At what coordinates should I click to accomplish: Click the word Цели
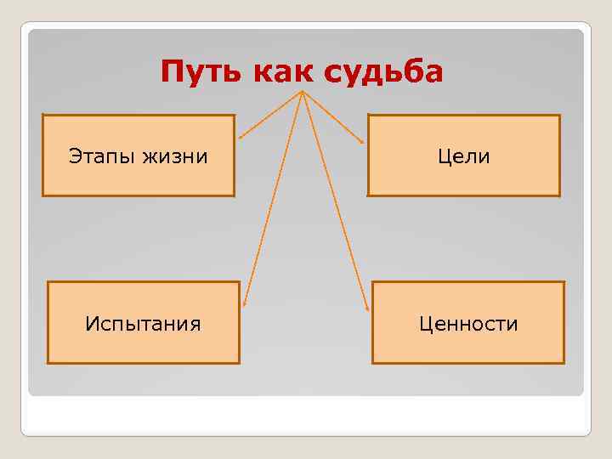464,156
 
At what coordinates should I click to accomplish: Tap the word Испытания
143,324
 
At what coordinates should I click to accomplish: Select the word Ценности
468,324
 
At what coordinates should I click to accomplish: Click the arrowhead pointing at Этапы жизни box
241,136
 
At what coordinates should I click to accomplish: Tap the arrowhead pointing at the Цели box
365,141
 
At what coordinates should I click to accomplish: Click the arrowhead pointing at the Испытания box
244,303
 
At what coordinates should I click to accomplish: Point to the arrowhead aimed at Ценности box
368,309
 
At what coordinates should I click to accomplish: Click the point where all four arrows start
303,91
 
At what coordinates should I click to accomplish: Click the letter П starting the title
170,72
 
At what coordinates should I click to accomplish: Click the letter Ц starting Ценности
425,324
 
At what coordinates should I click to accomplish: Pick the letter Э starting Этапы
74,156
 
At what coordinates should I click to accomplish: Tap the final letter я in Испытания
195,324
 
